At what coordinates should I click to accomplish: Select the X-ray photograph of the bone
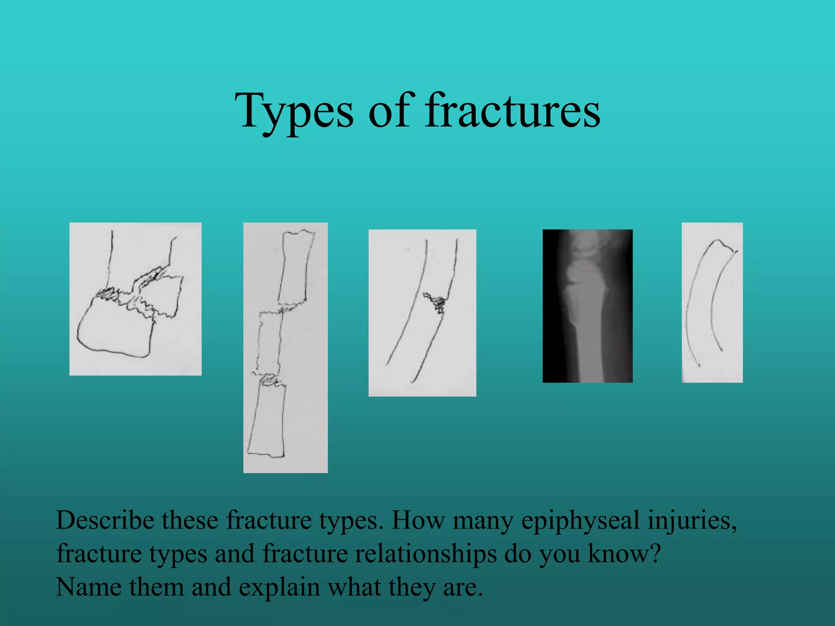[x=587, y=306]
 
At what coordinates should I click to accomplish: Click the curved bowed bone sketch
[x=712, y=302]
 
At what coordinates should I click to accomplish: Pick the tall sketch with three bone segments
[x=285, y=347]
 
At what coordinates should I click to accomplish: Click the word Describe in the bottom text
[x=105, y=520]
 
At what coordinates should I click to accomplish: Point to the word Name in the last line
[x=88, y=587]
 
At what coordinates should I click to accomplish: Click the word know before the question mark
[x=618, y=554]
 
